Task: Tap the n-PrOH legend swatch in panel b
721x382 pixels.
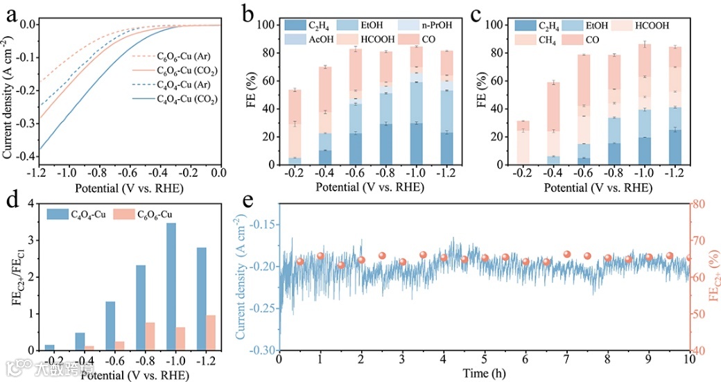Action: [x=403, y=26]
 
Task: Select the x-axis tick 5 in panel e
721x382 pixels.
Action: [x=485, y=358]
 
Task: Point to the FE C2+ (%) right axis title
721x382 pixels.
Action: [x=715, y=277]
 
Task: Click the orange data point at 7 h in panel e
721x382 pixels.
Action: [x=567, y=254]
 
